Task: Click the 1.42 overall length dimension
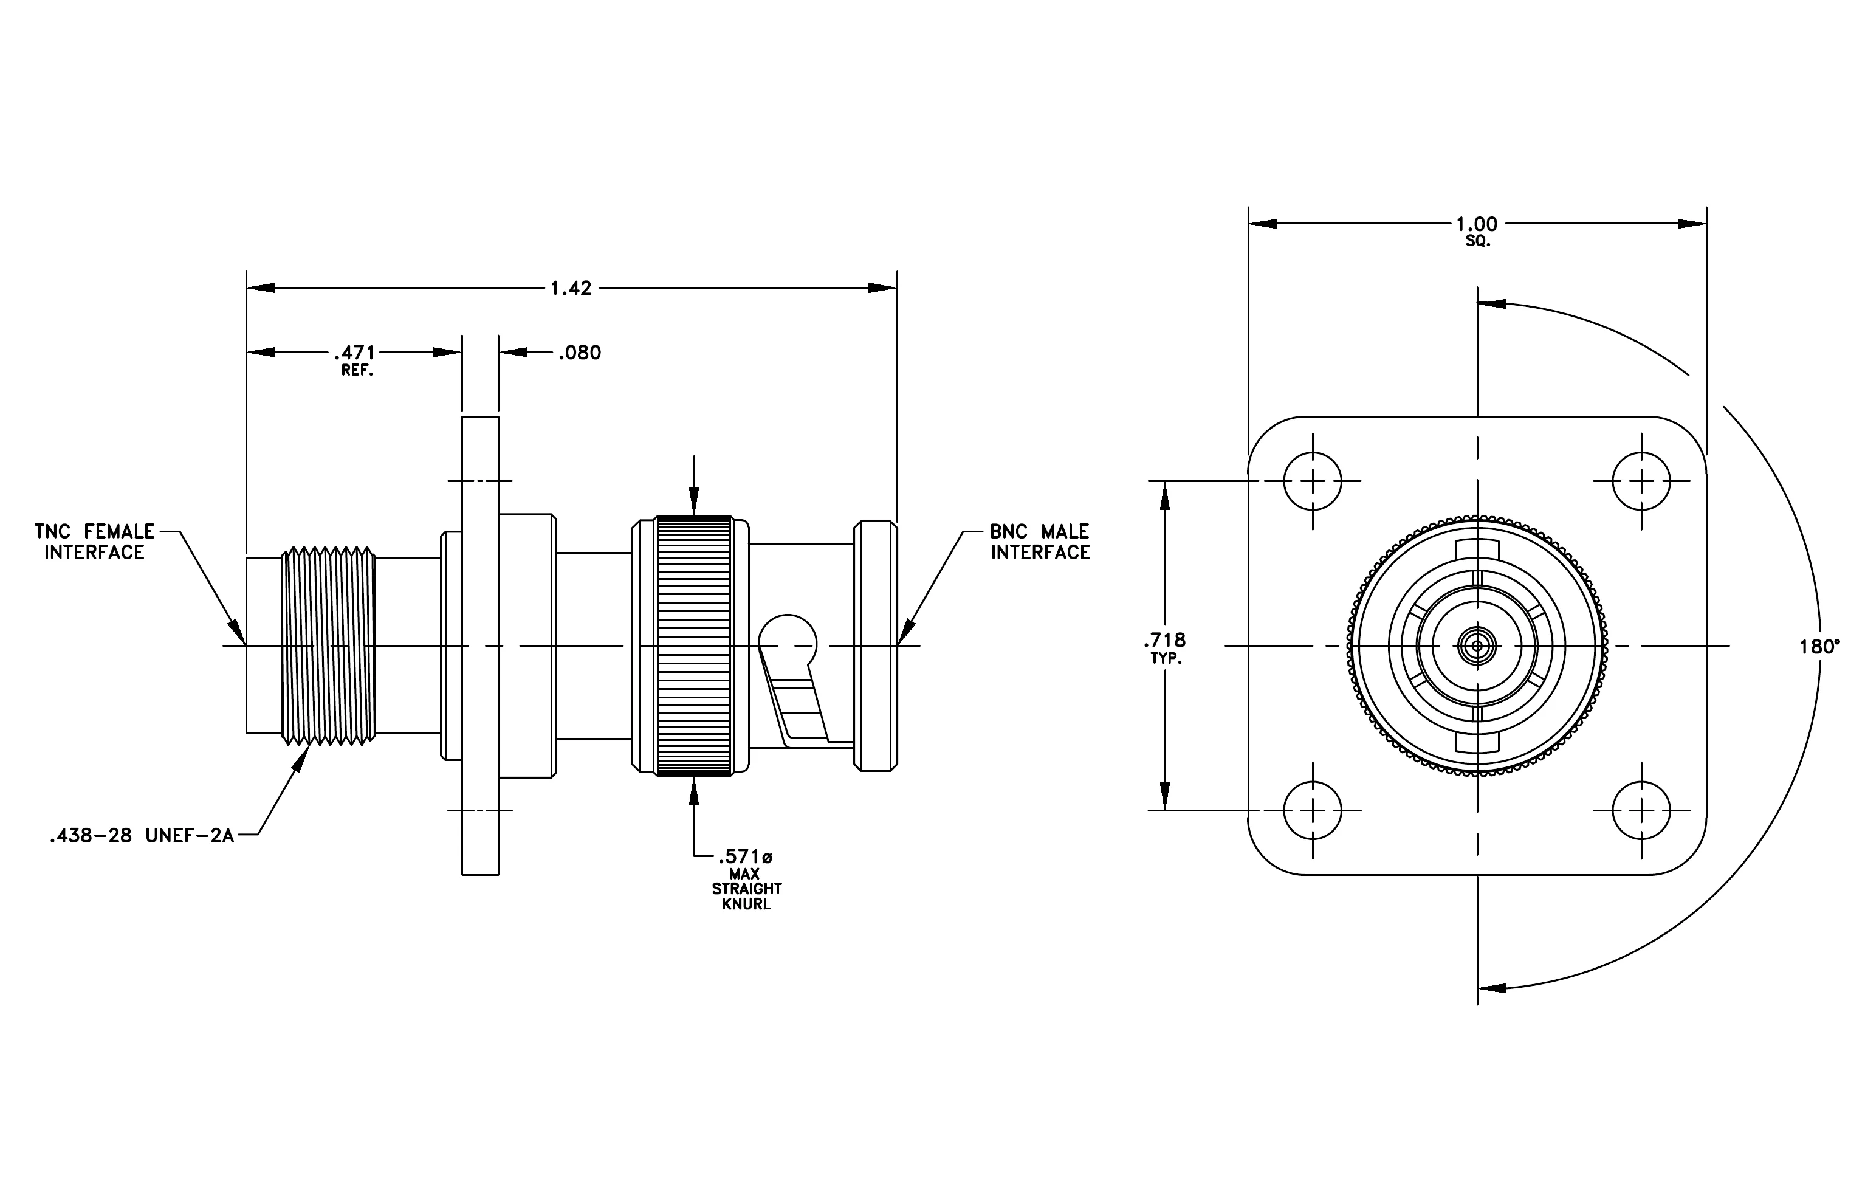pyautogui.click(x=571, y=288)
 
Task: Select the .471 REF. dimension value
pyautogui.click(x=355, y=360)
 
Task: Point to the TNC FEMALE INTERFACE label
pyautogui.click(x=94, y=542)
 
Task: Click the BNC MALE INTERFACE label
pyautogui.click(x=1040, y=542)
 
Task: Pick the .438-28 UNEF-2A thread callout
pyautogui.click(x=142, y=836)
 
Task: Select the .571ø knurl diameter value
pyautogui.click(x=745, y=856)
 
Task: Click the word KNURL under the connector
pyautogui.click(x=747, y=904)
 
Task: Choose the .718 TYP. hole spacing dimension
pyautogui.click(x=1165, y=647)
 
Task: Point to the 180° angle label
pyautogui.click(x=1819, y=647)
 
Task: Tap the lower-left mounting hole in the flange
pyautogui.click(x=1313, y=810)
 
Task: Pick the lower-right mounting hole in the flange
pyautogui.click(x=1641, y=810)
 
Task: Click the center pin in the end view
pyautogui.click(x=1477, y=645)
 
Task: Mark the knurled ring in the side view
pyautogui.click(x=694, y=645)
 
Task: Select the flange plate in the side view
pyautogui.click(x=480, y=645)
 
